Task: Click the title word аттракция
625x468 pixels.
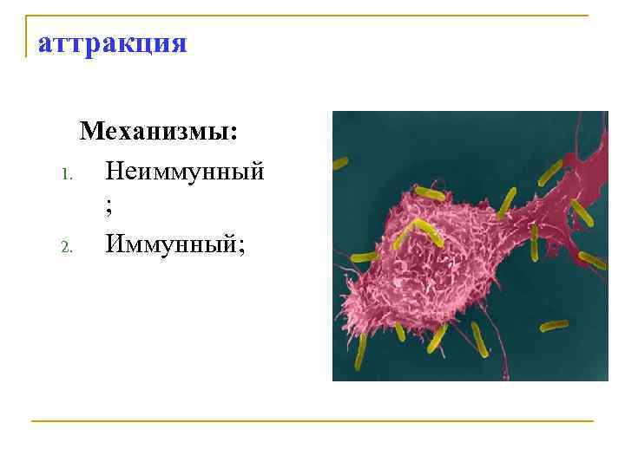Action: [x=112, y=42]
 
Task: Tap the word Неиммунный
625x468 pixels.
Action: [x=184, y=170]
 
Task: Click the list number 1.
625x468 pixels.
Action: [x=65, y=173]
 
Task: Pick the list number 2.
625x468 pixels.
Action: [x=65, y=248]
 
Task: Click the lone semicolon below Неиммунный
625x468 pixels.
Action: [x=109, y=210]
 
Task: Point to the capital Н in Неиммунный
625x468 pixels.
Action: [x=115, y=170]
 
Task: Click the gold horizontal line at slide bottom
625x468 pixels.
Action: [x=312, y=421]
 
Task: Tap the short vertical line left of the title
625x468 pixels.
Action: [x=27, y=36]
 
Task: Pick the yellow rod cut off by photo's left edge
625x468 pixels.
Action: [x=339, y=162]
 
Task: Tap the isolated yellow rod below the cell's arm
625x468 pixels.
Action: [x=553, y=326]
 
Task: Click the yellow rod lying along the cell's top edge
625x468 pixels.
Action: [x=429, y=192]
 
